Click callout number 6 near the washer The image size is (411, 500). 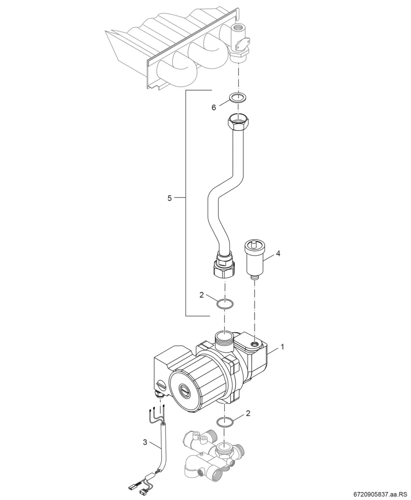(214, 108)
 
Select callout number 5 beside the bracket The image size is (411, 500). (169, 198)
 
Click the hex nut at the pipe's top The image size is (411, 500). (238, 122)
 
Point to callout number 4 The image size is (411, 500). (278, 253)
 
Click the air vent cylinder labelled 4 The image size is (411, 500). (254, 260)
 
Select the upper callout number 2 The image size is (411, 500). (201, 295)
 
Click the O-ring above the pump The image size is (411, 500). (225, 304)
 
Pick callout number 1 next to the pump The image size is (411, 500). (282, 347)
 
